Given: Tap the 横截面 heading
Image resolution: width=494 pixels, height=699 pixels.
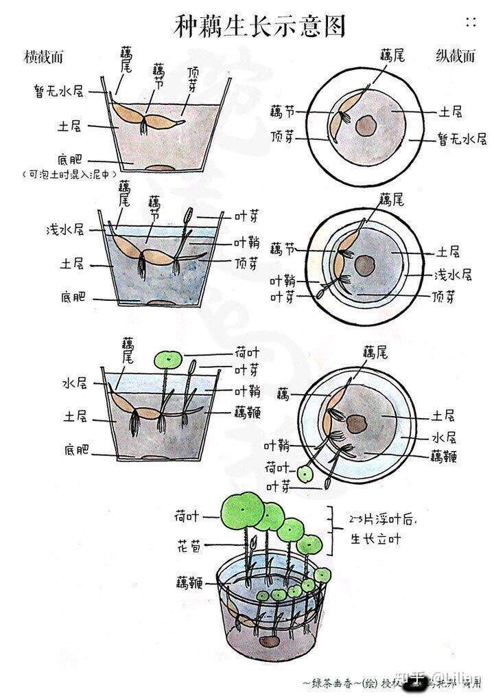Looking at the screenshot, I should [x=43, y=56].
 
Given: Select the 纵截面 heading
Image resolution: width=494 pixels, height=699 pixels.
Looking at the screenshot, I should [x=455, y=56].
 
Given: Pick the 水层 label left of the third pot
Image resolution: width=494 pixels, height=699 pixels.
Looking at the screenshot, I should [x=74, y=382].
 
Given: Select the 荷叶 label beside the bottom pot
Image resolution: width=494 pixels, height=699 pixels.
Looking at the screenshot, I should [x=187, y=516].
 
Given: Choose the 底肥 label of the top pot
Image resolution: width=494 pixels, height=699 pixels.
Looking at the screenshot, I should [x=72, y=159].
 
